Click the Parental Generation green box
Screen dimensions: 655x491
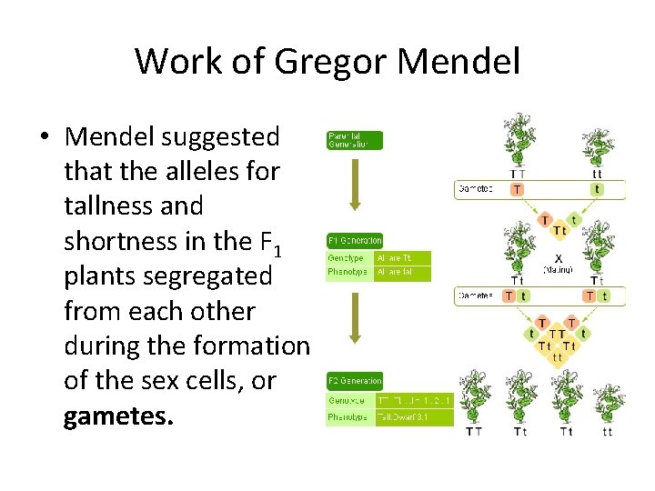click(x=355, y=140)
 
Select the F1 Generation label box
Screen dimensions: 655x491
click(x=355, y=240)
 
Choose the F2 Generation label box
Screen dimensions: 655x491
click(x=355, y=380)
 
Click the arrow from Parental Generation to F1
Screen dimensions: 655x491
click(x=357, y=189)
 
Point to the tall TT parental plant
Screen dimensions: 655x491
click(x=518, y=141)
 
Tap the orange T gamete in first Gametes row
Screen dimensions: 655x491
click(x=517, y=190)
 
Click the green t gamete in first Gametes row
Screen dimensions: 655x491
click(x=597, y=190)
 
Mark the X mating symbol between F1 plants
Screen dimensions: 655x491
click(x=558, y=257)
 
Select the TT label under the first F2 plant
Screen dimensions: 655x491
click(x=474, y=432)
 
